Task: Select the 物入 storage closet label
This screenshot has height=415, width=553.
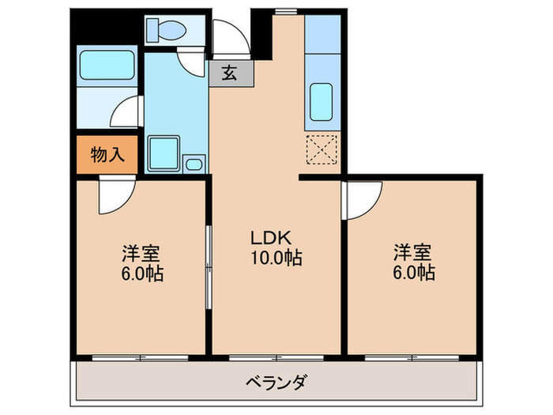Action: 107,155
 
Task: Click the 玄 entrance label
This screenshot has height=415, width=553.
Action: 230,74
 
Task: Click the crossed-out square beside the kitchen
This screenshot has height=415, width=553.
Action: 322,149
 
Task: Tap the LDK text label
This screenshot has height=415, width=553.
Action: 272,237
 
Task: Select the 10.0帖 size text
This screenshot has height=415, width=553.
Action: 275,258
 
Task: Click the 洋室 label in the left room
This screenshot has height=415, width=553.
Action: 141,254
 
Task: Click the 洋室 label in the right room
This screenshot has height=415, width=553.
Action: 414,253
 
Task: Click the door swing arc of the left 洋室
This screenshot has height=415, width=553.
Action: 115,198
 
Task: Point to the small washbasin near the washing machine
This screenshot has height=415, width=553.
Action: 194,163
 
